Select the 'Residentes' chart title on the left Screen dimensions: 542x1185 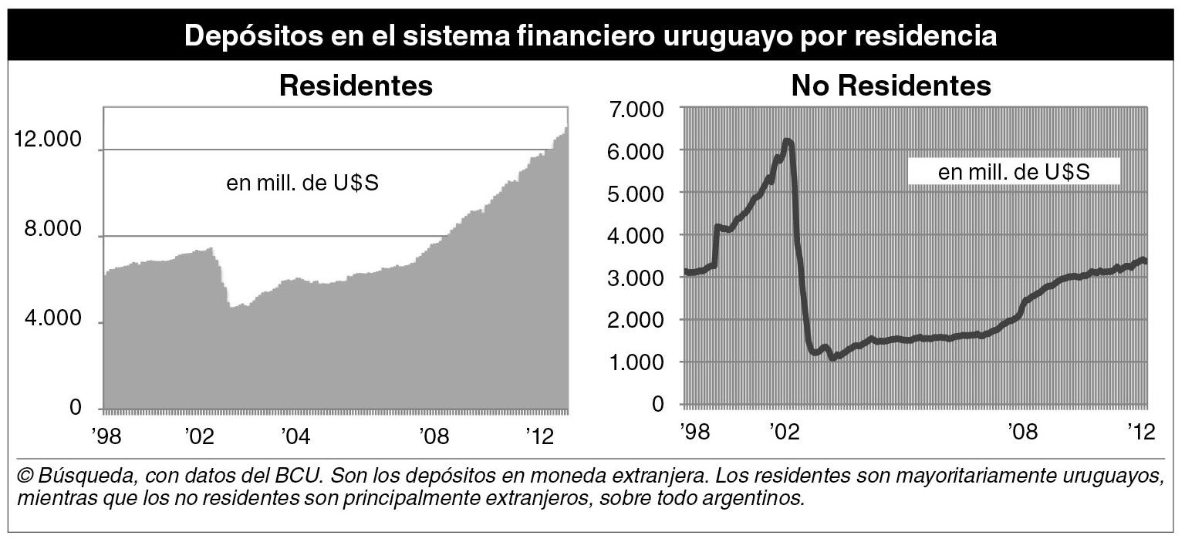356,86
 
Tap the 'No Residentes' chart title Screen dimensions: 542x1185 891,86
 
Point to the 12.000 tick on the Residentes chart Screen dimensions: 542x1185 47,140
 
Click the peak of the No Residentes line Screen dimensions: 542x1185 787,141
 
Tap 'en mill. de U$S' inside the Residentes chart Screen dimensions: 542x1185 302,184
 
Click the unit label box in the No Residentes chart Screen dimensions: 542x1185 1013,172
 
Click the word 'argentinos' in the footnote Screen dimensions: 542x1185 761,497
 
